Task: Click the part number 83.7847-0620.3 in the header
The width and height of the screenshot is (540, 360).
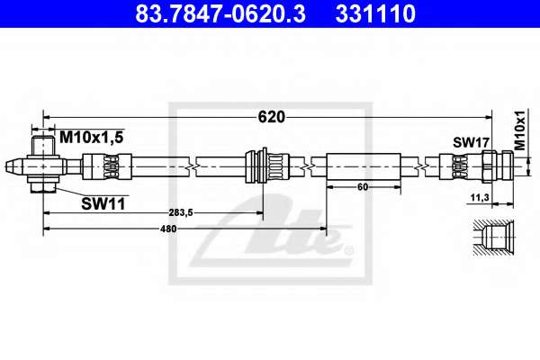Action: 220,13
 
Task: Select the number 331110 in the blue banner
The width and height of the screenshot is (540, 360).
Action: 375,13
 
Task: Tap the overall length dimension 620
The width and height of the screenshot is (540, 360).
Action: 272,117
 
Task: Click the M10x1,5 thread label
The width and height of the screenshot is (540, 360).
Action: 91,138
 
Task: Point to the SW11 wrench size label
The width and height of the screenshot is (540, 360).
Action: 103,204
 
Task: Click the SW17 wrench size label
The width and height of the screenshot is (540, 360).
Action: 471,142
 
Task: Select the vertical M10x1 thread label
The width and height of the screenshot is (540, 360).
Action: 520,130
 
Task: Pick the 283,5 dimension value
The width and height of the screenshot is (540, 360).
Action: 181,213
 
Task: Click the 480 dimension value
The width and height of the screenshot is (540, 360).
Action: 168,229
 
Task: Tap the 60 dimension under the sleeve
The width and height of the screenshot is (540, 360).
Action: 363,187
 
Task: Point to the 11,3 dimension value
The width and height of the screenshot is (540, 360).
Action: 480,198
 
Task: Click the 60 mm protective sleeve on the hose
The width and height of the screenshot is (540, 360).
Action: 364,166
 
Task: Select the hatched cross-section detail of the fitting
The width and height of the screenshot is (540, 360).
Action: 493,238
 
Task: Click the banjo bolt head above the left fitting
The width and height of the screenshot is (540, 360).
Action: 43,146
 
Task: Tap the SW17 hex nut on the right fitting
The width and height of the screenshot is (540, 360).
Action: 487,166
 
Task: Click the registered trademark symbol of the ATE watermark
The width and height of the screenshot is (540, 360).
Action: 349,250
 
